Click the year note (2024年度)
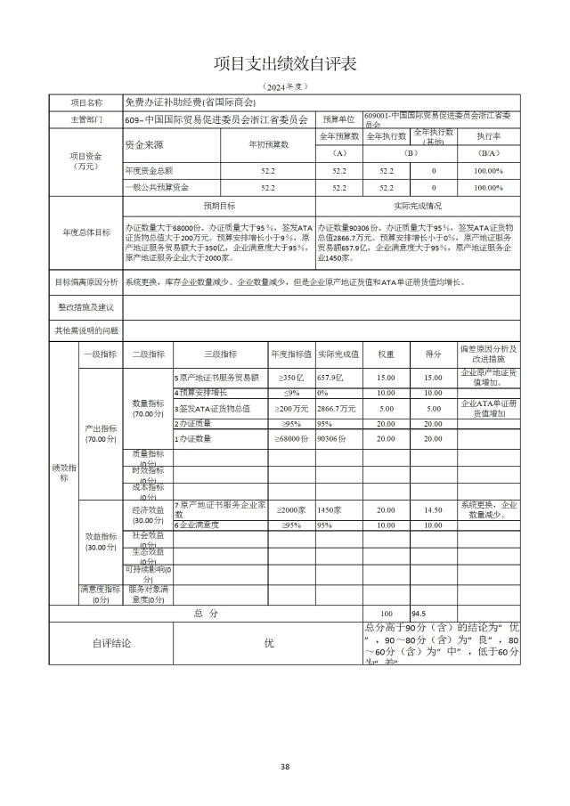point(284,86)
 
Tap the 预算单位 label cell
point(338,118)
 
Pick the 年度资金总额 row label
point(149,170)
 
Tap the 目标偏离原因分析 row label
point(85,281)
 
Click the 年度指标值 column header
point(291,354)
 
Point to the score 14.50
point(433,510)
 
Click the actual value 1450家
point(330,510)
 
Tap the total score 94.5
point(419,614)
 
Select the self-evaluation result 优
point(268,642)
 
